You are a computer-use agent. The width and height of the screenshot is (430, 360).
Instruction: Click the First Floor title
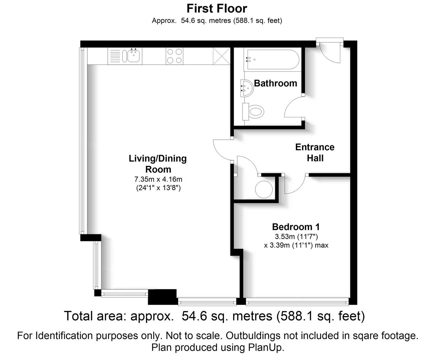point(217,9)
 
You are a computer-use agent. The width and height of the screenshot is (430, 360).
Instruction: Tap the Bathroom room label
point(275,83)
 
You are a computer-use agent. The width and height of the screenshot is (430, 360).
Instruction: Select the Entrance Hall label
point(315,153)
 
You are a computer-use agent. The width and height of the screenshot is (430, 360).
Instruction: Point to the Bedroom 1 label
point(296,227)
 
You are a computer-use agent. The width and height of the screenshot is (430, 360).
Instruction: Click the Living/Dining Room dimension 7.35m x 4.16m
point(158,179)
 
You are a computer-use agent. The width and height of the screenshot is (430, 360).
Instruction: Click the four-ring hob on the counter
point(174,56)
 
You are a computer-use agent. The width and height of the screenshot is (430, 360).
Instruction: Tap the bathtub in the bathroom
point(273,59)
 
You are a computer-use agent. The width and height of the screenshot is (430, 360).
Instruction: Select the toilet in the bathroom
point(253,112)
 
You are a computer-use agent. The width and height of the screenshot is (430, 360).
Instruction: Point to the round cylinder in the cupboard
point(264,189)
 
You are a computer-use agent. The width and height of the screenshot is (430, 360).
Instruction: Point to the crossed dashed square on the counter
point(222,56)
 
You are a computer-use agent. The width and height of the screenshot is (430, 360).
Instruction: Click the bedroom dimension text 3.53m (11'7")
point(296,237)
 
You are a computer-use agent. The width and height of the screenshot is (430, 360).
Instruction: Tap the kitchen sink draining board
point(115,56)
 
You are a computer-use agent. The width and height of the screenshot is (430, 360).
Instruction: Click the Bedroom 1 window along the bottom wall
point(297,302)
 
